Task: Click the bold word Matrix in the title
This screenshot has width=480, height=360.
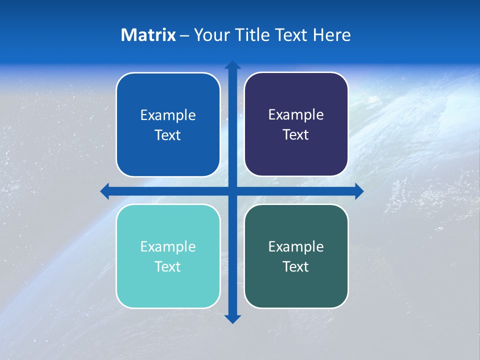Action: point(148,35)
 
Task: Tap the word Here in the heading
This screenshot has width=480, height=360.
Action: point(331,35)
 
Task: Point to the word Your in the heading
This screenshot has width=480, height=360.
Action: point(209,35)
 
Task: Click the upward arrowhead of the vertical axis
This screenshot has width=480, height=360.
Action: point(232,64)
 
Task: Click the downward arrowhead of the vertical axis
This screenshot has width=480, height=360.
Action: point(232,319)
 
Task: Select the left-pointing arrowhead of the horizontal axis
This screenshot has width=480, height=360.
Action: point(105,191)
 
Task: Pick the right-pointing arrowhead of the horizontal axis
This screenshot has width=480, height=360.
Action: point(359,191)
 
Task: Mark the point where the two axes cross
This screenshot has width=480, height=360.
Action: point(232,191)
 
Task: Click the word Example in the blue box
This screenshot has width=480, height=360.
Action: point(168,115)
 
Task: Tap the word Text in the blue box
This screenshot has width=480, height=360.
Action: point(168,135)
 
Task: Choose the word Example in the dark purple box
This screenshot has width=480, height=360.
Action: point(296,115)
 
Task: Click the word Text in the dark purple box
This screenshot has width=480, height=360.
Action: point(296,134)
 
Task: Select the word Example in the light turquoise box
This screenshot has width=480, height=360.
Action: point(168,247)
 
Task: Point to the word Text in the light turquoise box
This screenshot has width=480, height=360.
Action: point(168,266)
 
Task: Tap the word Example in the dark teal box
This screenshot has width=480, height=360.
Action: point(296,247)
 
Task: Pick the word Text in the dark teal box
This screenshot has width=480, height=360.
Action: point(296,266)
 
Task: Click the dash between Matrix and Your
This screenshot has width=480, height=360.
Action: point(184,35)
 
